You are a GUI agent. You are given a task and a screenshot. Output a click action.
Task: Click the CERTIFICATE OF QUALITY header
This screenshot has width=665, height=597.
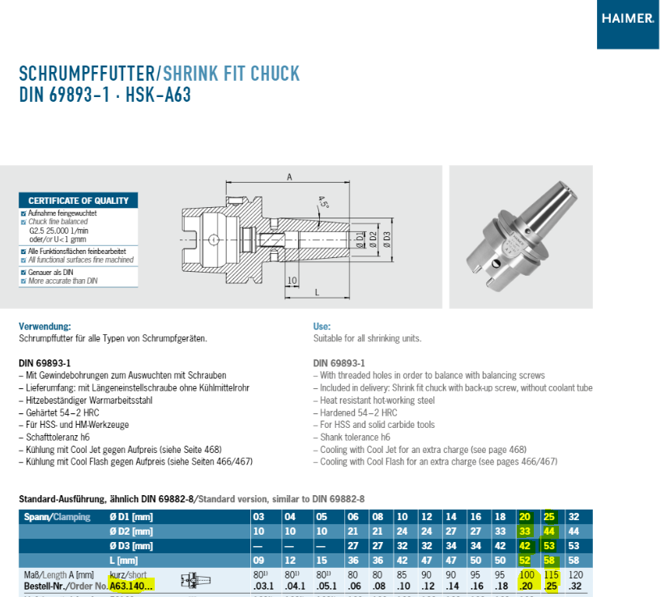coord(79,201)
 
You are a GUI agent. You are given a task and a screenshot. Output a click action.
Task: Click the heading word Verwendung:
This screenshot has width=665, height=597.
coord(45,326)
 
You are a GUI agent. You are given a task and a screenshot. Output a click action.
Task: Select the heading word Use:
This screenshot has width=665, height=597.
coord(322,326)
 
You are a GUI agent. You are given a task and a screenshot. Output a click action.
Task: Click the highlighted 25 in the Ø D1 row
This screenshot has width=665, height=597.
coord(550,517)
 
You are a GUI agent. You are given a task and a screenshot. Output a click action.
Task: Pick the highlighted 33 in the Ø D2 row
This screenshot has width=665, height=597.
coord(525,531)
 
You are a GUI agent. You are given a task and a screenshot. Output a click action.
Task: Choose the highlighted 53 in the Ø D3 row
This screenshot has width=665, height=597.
coord(550,546)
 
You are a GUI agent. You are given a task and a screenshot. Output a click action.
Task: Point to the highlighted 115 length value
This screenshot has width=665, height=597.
coord(551,574)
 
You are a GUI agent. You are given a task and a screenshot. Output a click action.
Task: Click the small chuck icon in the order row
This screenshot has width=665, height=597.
coord(194,580)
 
